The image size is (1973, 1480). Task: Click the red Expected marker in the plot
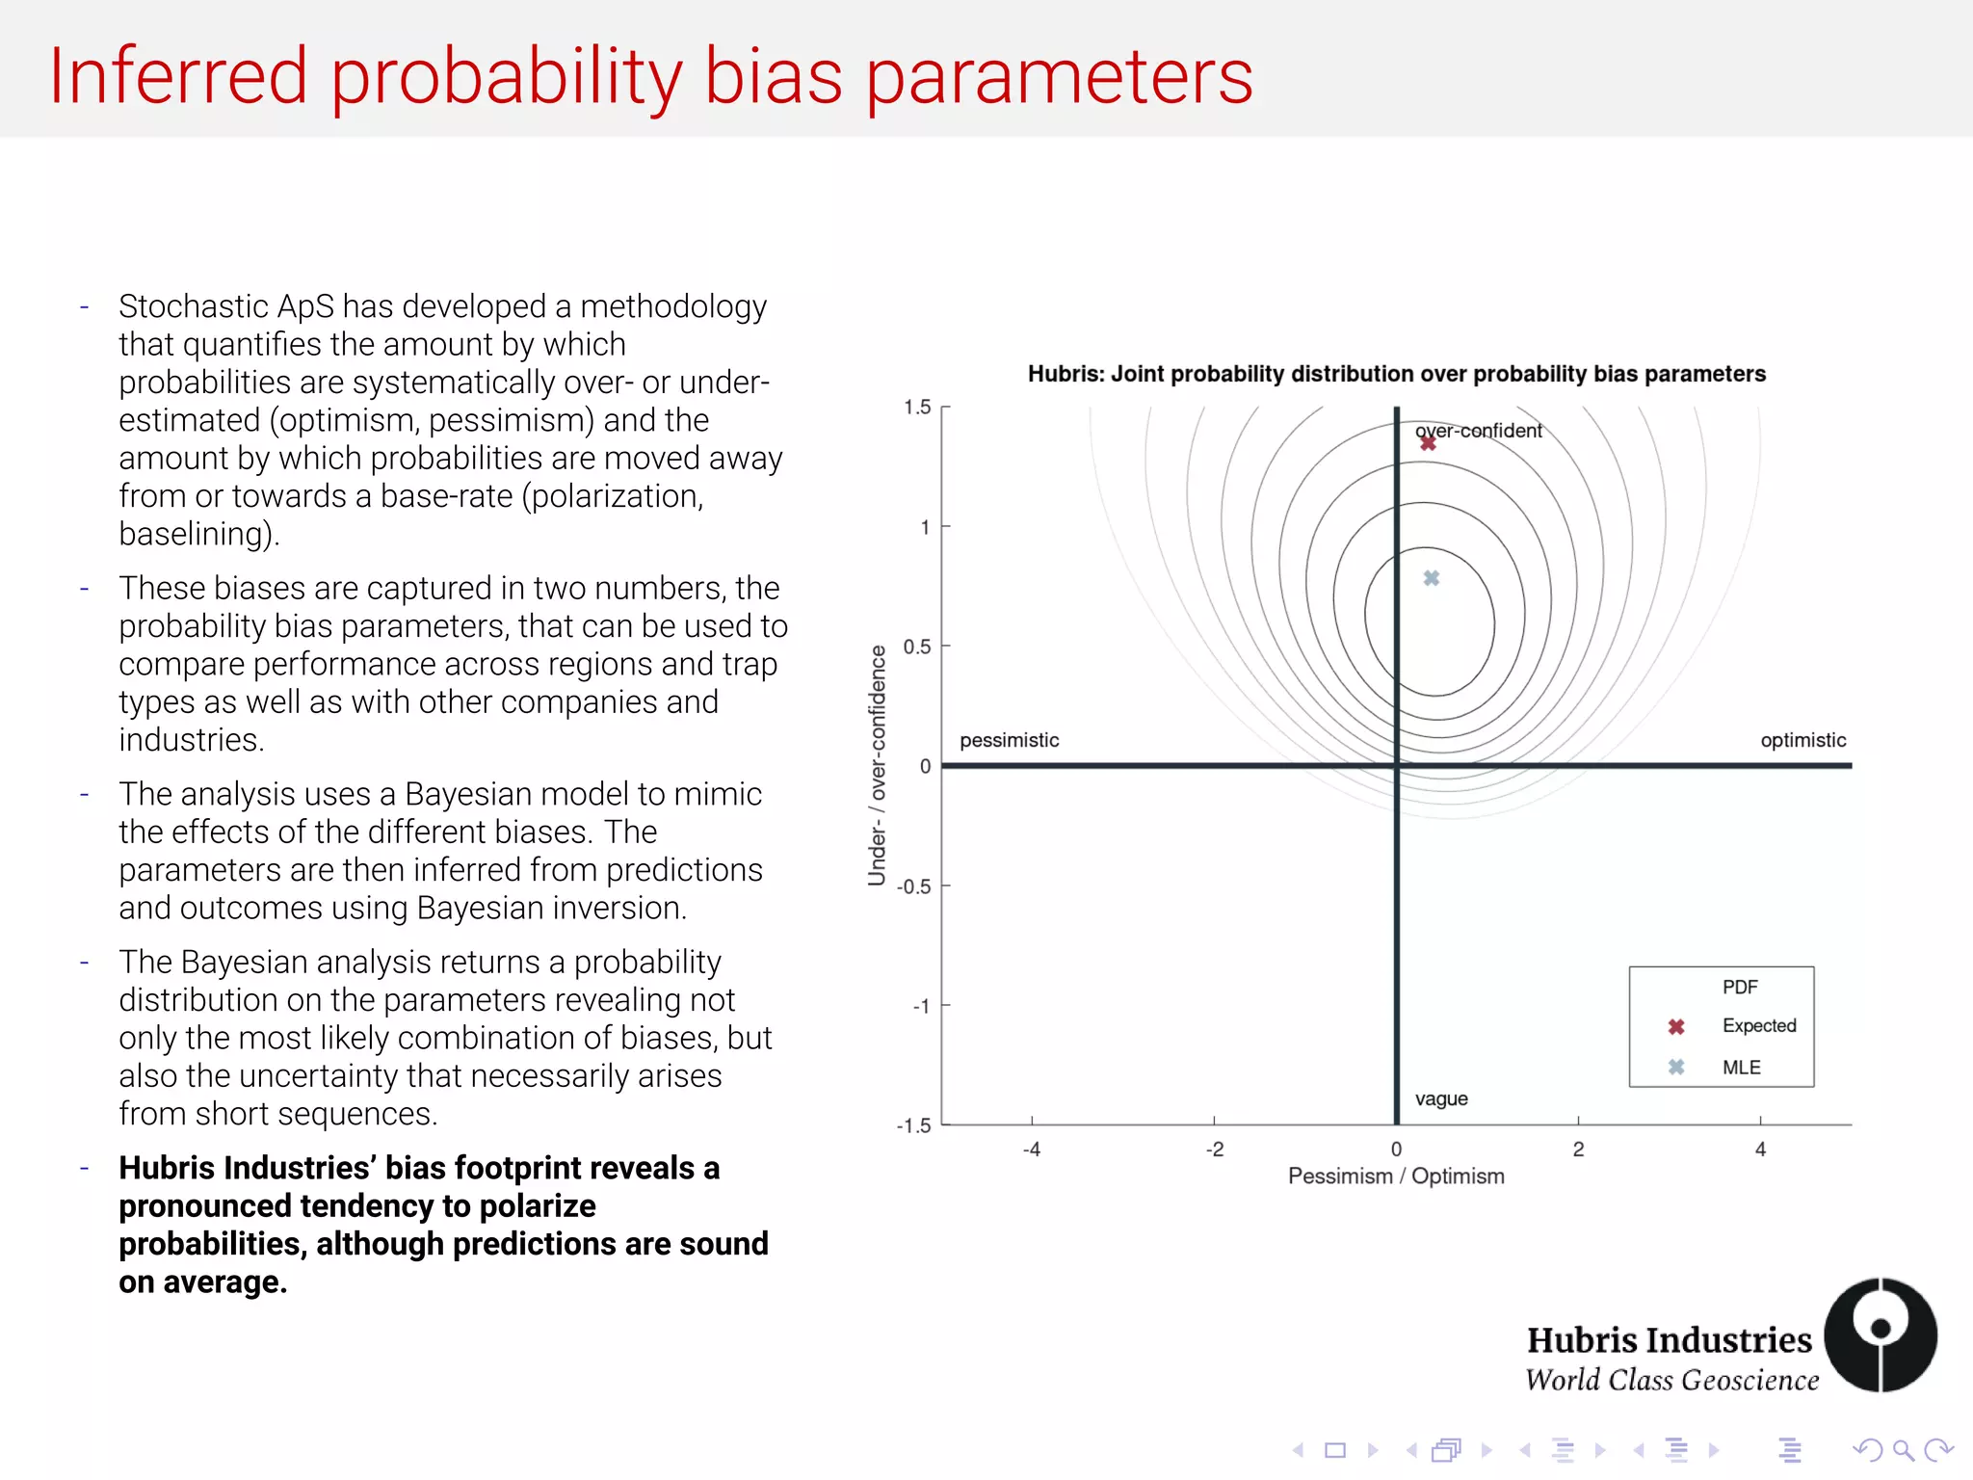(x=1428, y=442)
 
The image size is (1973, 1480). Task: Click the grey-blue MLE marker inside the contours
(x=1432, y=578)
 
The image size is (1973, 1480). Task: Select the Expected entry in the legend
(x=1758, y=1026)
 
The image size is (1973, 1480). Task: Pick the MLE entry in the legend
(x=1741, y=1068)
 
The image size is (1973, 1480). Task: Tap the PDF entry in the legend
(x=1740, y=988)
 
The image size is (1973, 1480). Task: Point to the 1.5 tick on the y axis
(x=917, y=408)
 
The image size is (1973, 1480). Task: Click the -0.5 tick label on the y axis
(x=913, y=886)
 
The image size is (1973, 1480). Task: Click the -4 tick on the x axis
(x=1032, y=1150)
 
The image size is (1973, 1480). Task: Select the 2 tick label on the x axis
(x=1578, y=1150)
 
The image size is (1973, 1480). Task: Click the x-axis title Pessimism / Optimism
(x=1396, y=1176)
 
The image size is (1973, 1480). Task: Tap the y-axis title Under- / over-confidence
(x=877, y=766)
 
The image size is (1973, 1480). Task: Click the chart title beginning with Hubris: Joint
(x=1396, y=374)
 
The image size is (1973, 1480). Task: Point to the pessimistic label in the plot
(x=1009, y=740)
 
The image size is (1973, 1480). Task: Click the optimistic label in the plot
(x=1802, y=740)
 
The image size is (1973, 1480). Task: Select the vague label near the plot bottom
(x=1441, y=1099)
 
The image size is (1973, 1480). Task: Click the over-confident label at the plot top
(x=1479, y=431)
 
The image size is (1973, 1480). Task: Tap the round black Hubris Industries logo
(x=1880, y=1335)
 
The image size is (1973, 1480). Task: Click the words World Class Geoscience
(x=1671, y=1381)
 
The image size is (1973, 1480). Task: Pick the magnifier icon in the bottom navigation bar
(x=1903, y=1450)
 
